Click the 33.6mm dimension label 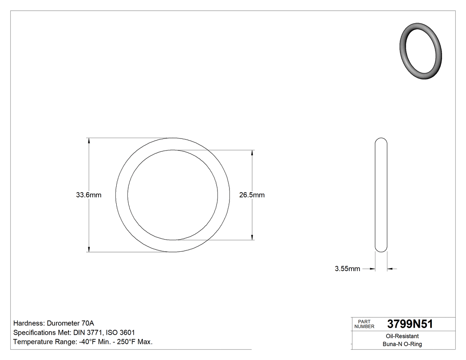coord(89,195)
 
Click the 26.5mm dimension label coord(252,195)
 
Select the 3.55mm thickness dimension coord(348,269)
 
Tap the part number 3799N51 coord(410,324)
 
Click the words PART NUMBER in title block coord(364,324)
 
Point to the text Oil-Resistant coord(402,336)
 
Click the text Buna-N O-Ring coord(402,344)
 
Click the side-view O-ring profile coord(381,195)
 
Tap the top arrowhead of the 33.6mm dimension coord(89,140)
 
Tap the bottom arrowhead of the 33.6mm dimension coord(89,249)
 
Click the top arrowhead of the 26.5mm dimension coord(253,152)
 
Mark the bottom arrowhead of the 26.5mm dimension coord(253,237)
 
